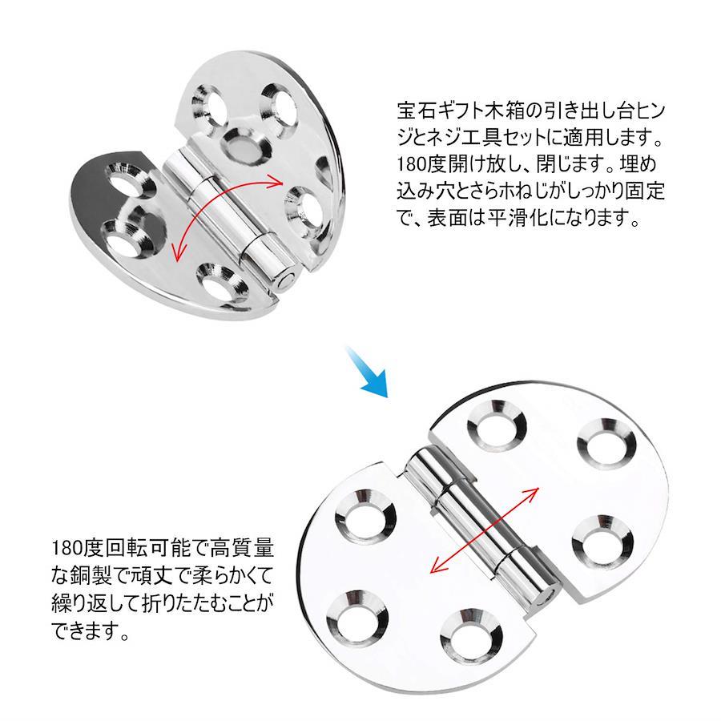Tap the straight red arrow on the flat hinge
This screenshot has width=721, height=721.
(484, 530)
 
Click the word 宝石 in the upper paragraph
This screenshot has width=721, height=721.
(412, 111)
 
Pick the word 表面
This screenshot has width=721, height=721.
(442, 217)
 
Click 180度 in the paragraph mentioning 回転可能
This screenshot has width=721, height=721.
(79, 548)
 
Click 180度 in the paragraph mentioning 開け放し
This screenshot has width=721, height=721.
(423, 164)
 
